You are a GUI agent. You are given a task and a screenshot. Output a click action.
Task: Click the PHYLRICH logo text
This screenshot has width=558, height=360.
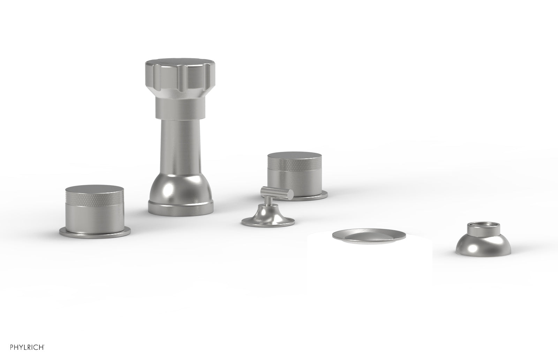(x=27, y=347)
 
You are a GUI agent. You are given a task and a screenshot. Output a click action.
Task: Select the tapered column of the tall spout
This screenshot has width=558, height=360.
(x=181, y=147)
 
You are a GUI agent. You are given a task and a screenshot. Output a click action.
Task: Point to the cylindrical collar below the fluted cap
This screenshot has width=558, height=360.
(x=181, y=109)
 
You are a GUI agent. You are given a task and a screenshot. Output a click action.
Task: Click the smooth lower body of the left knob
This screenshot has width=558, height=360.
(x=95, y=217)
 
